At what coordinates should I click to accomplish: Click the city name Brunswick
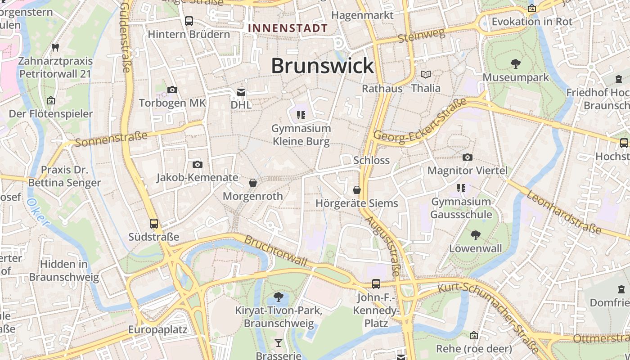click(x=322, y=66)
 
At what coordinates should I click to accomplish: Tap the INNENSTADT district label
click(x=288, y=28)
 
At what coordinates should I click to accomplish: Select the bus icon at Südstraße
click(x=154, y=224)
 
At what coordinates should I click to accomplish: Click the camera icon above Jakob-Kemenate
click(x=197, y=164)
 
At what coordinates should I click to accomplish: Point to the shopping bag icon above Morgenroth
click(x=253, y=183)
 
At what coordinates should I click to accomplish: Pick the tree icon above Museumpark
click(x=516, y=64)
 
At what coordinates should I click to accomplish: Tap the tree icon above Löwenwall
click(x=475, y=235)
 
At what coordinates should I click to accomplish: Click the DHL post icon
click(x=241, y=92)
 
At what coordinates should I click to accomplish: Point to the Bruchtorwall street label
click(x=275, y=251)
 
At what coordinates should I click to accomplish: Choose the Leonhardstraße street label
click(x=563, y=212)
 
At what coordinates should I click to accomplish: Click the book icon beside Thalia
click(x=425, y=74)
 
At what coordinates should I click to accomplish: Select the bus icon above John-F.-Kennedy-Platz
click(x=376, y=284)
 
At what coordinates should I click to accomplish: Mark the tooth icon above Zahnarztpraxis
click(x=55, y=47)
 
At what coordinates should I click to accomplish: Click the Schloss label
click(x=371, y=160)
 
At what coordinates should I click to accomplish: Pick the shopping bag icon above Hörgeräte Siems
click(x=357, y=190)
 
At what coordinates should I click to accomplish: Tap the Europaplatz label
click(x=157, y=329)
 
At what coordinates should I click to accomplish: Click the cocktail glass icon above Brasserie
click(x=279, y=343)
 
